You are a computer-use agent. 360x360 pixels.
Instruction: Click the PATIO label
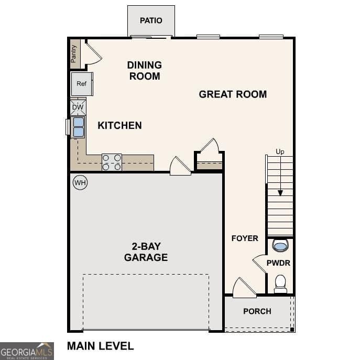151,20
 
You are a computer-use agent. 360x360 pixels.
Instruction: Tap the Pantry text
74,53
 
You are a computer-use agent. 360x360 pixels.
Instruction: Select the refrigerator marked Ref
82,84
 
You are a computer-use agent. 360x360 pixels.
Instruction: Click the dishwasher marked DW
78,107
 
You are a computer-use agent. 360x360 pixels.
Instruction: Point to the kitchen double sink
78,127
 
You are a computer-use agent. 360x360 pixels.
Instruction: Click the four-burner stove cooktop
112,162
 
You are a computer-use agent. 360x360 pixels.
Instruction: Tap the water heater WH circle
80,182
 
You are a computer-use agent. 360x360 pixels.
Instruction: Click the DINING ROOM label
144,71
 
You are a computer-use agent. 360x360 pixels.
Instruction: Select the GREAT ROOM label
233,94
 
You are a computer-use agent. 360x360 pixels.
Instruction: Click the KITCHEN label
119,125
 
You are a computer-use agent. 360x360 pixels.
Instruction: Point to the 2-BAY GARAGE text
146,252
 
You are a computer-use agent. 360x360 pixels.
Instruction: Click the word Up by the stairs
280,152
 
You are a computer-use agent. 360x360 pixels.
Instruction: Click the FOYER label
245,238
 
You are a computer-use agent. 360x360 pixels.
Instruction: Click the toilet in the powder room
280,283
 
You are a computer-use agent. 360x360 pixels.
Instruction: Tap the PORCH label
257,311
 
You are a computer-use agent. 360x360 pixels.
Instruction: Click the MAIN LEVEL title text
100,346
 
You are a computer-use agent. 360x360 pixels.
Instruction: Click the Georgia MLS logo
27,351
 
